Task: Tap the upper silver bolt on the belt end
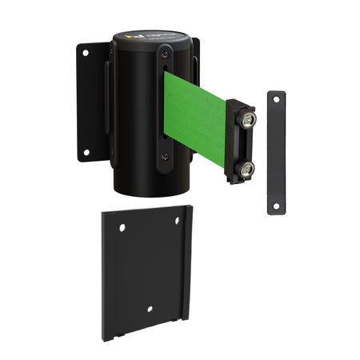point(248,120)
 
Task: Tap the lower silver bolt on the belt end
point(247,168)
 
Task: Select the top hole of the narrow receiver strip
point(277,99)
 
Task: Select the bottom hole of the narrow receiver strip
point(276,206)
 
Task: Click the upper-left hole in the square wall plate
point(122,228)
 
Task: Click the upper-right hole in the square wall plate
point(178,221)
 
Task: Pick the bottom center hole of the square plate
point(150,309)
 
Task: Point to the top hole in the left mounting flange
point(84,53)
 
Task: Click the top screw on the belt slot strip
point(164,53)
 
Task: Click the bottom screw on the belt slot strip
point(164,157)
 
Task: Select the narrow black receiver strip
point(276,152)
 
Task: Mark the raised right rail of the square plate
point(190,264)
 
